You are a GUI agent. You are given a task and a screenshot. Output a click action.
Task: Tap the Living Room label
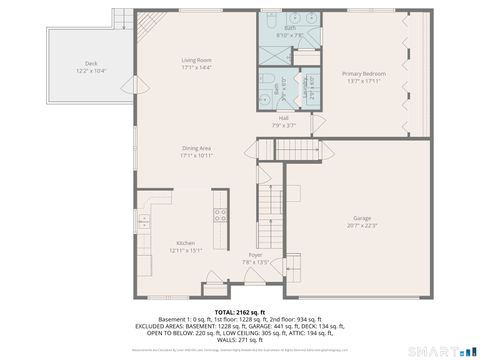[196, 61]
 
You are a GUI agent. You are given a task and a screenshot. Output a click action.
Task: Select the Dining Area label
[196, 148]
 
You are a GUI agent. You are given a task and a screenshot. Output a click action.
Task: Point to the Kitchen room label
[186, 243]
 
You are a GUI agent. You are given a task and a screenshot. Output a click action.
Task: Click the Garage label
[361, 218]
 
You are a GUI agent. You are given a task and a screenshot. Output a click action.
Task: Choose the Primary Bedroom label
[363, 74]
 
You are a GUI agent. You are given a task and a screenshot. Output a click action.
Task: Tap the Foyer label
[256, 255]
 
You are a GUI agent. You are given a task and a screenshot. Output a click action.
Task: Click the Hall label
[284, 117]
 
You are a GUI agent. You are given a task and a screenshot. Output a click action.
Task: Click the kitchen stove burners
[220, 213]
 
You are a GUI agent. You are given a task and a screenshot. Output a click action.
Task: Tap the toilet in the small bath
[267, 79]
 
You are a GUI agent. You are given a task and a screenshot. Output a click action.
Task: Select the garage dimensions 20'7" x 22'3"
[361, 225]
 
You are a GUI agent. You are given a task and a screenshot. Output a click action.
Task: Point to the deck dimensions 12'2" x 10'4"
[90, 71]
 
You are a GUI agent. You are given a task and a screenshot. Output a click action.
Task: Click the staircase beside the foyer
[266, 210]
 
